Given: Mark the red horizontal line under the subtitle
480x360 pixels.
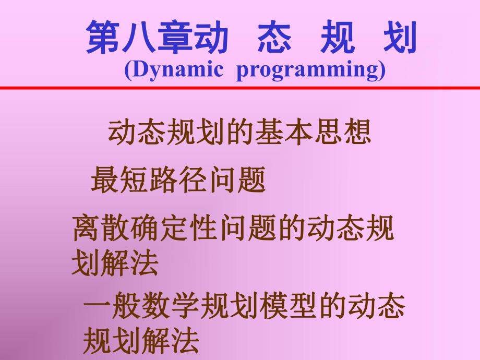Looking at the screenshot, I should [x=240, y=88].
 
